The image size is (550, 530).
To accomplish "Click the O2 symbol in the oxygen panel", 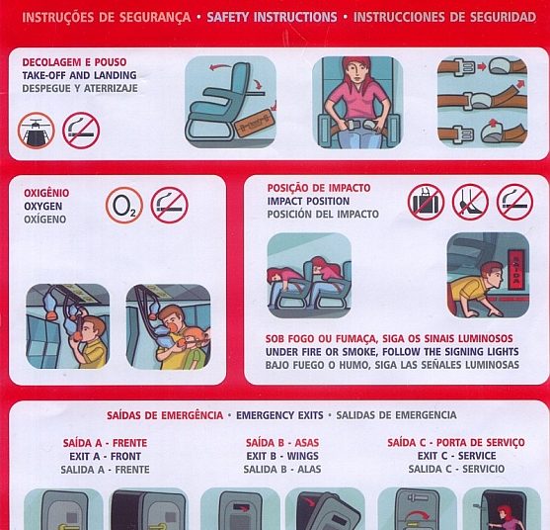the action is coord(124,206).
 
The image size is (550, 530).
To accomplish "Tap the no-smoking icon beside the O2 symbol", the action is coord(170,206).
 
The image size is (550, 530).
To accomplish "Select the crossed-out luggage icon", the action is coord(426,203).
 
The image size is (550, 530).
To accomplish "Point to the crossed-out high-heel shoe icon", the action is coord(470,203).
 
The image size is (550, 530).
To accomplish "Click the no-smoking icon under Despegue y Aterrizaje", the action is coord(81,131).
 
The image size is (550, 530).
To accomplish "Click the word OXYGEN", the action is coord(43,207).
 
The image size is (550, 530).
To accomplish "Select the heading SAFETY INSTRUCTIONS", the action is coord(272,17).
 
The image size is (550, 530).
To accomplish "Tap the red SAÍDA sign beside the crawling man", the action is coord(516,269).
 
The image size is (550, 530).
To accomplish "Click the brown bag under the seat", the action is coord(253,126).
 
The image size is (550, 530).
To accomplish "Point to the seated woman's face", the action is coord(356,74).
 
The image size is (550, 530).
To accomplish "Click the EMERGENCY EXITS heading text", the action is coord(279,415).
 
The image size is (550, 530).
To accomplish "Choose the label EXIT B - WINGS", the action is coord(282,456).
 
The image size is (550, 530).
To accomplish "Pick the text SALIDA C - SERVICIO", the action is coord(456,469).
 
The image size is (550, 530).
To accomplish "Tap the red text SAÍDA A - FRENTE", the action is coord(106,443).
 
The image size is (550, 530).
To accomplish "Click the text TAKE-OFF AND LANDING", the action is coord(80,75).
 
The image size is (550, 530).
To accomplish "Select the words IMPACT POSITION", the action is coord(308,202).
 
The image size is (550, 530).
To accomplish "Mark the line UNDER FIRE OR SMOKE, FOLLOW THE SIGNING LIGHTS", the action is coord(392,352).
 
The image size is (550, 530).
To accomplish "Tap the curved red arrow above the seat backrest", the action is coord(220,66).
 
